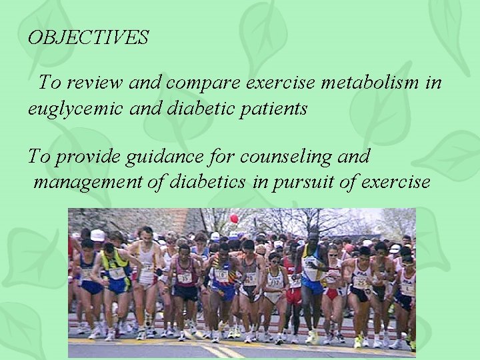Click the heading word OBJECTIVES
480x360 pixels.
coord(88,38)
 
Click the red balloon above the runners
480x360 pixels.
coord(234,219)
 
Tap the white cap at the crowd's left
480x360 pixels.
coord(98,235)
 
